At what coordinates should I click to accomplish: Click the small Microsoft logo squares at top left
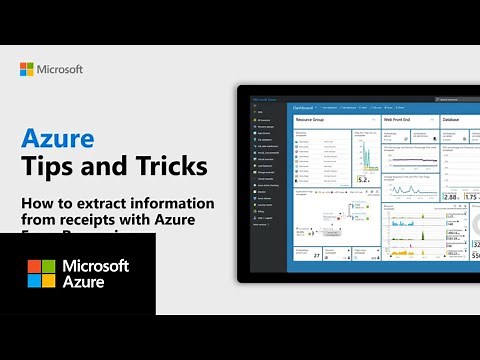pos(27,70)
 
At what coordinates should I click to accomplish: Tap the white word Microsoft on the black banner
pos(96,266)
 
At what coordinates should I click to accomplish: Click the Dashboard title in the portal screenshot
pos(301,105)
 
